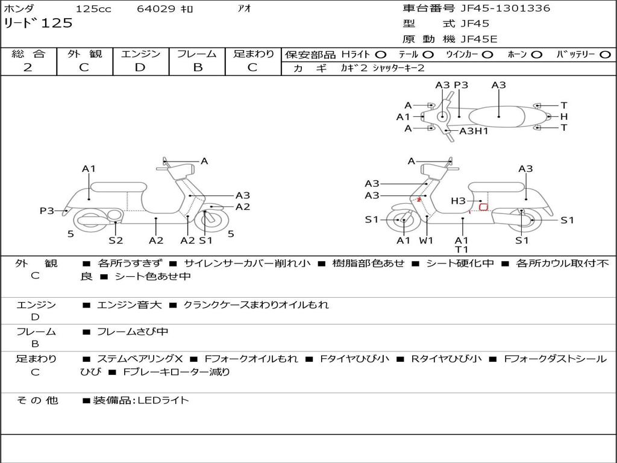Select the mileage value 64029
(x=156, y=9)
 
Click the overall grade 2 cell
(x=28, y=68)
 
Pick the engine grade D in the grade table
(x=140, y=68)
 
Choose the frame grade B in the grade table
(x=198, y=68)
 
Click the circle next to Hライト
(x=381, y=54)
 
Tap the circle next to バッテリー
(x=605, y=54)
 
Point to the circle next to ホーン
(x=537, y=54)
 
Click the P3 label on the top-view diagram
(x=461, y=85)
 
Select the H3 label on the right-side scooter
(x=459, y=201)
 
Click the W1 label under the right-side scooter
(x=427, y=240)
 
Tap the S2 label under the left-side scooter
(x=116, y=240)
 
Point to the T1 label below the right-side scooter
(x=462, y=250)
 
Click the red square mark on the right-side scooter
(x=483, y=207)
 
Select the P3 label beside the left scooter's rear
(x=47, y=210)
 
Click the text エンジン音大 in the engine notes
(x=129, y=305)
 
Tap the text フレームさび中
(x=133, y=332)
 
